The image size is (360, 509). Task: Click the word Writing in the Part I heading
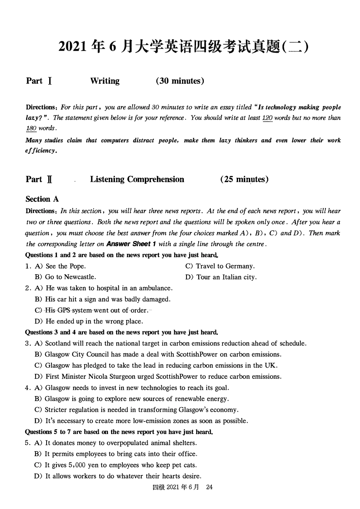click(x=105, y=81)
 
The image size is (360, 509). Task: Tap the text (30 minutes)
click(x=180, y=81)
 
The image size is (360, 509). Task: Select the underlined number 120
click(x=267, y=118)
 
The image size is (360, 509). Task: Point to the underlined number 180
click(x=31, y=128)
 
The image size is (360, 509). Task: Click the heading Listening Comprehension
click(x=137, y=179)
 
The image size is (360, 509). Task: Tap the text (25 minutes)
click(x=244, y=179)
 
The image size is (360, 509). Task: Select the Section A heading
click(x=42, y=199)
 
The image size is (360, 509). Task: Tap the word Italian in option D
click(x=226, y=277)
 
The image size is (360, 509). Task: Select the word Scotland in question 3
click(x=58, y=343)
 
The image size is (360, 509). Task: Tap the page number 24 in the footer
click(x=209, y=487)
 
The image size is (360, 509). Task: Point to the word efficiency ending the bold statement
click(x=41, y=151)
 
